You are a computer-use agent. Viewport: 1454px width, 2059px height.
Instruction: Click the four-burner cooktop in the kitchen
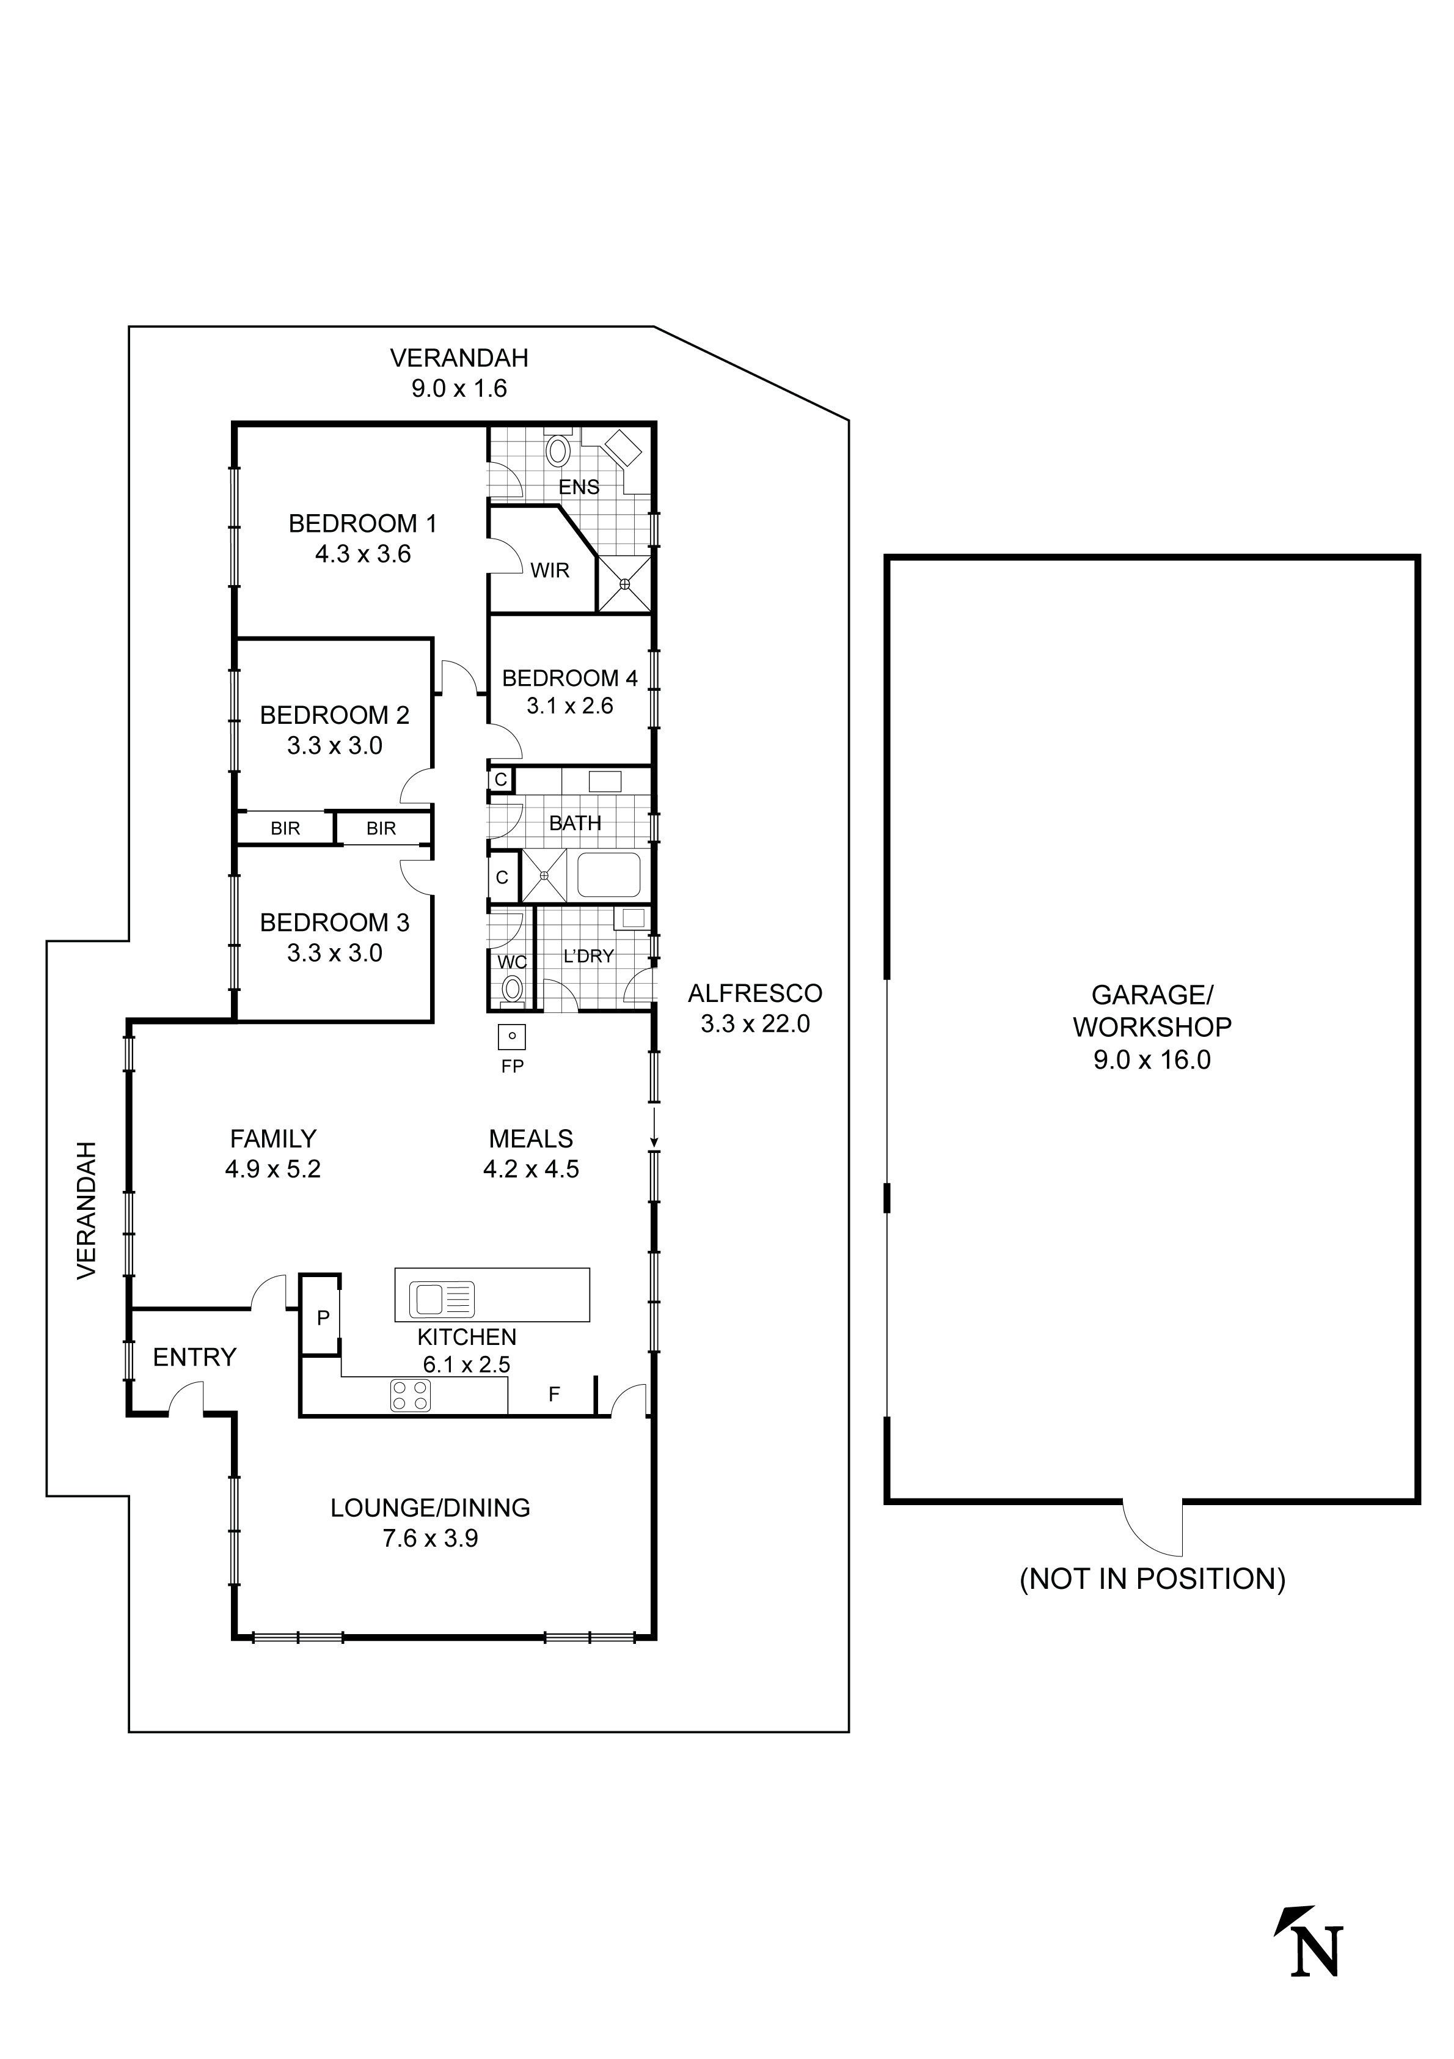tap(411, 1395)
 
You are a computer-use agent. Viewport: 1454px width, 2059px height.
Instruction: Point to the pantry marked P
tap(321, 1317)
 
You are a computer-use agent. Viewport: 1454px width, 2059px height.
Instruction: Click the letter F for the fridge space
tap(554, 1394)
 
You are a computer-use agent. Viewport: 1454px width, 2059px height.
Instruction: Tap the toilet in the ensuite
tap(558, 449)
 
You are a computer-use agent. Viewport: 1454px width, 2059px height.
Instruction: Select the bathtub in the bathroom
tap(608, 875)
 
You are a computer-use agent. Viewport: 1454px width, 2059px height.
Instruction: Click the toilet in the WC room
tap(512, 989)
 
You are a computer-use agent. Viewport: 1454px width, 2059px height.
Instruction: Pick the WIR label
tap(549, 570)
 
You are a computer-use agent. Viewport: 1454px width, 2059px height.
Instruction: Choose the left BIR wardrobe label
tap(285, 828)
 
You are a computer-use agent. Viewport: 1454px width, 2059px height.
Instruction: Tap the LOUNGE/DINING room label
tap(430, 1508)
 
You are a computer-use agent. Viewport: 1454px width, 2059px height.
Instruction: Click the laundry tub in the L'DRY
tap(634, 918)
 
